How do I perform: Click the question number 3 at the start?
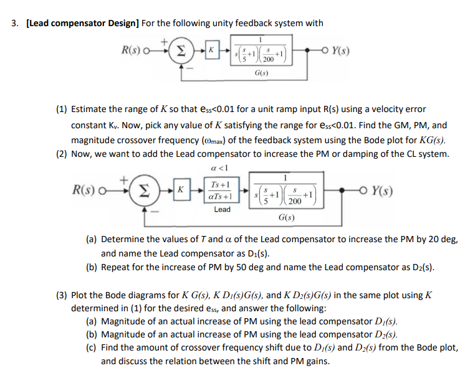pyautogui.click(x=14, y=24)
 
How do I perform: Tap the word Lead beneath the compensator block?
pyautogui.click(x=222, y=209)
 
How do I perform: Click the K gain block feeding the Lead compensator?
pyautogui.click(x=180, y=189)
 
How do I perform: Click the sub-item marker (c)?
pyautogui.click(x=92, y=347)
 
